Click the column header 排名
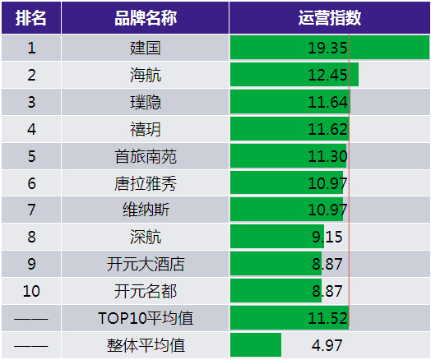coord(30,18)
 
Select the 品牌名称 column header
coord(146,18)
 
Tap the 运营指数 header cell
coord(330,18)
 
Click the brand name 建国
coord(145,48)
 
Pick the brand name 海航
coord(145,75)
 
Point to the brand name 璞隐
coord(145,102)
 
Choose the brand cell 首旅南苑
coord(146,156)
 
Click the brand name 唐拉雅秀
coord(146,183)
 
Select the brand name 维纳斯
coord(146,210)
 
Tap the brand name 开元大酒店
coord(146,264)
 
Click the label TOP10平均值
coord(146,318)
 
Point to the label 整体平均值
coord(146,345)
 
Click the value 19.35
coord(327,48)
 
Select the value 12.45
coord(327,75)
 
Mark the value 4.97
coord(327,345)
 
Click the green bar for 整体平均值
coord(256,345)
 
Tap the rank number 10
coord(31,291)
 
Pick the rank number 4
coord(31,129)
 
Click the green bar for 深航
coord(277,237)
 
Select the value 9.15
coord(327,237)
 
